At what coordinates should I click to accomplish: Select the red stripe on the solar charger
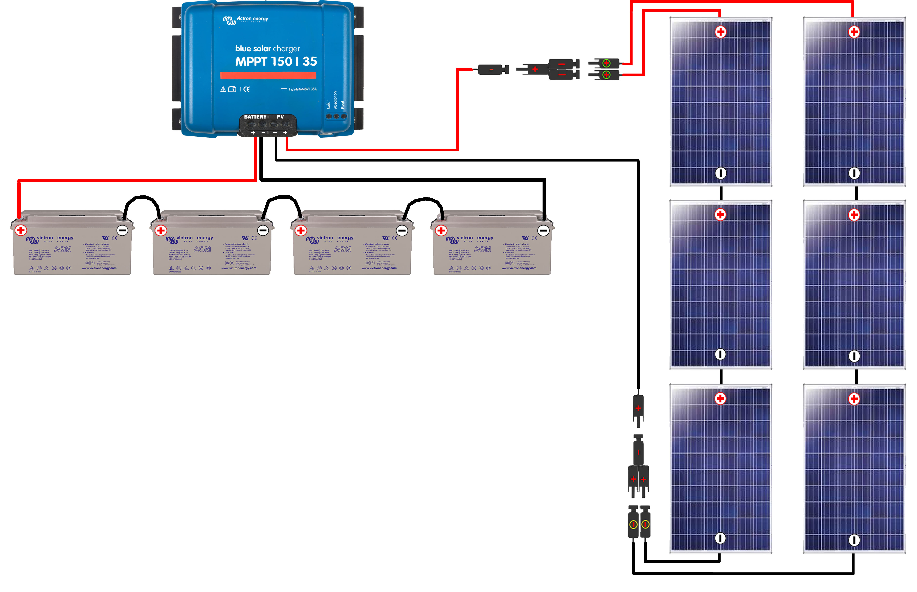click(x=268, y=75)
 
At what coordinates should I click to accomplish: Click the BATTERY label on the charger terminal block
click(x=255, y=117)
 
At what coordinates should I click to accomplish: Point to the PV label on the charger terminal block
click(x=280, y=117)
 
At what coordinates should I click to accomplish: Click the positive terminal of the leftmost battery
click(x=21, y=230)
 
